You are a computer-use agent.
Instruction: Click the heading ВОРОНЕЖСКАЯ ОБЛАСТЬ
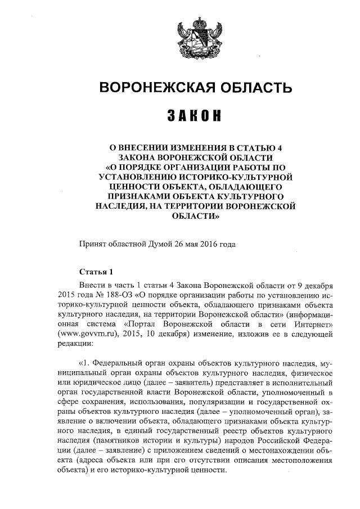point(196,88)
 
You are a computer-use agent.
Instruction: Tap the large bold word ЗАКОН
point(195,117)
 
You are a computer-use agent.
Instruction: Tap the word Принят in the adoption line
point(94,244)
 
